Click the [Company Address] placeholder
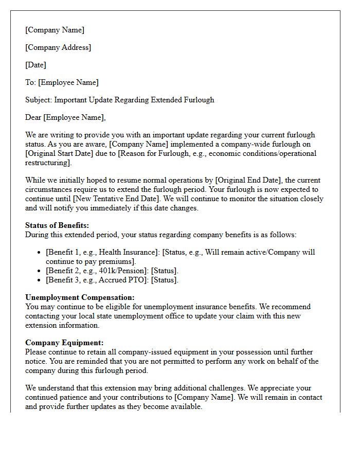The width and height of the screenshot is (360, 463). coord(58,47)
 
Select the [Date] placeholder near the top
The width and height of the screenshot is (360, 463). coord(35,65)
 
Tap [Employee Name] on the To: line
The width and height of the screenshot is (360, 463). coord(68,82)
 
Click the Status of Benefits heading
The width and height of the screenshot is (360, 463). coord(57,225)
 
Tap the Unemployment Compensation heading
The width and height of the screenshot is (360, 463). coord(80,297)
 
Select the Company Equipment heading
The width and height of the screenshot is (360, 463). coord(64,343)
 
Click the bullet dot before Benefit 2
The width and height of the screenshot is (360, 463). coord(40,271)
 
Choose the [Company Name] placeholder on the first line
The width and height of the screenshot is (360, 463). coord(55,30)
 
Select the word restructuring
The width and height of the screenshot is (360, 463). coord(47,163)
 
